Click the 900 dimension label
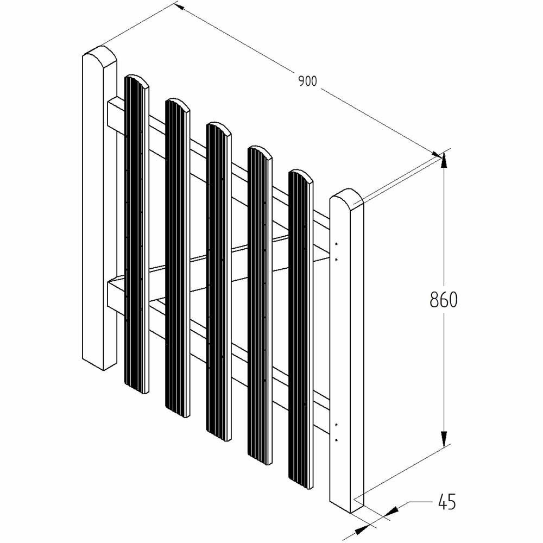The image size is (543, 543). pyautogui.click(x=307, y=81)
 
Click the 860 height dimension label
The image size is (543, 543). pyautogui.click(x=444, y=300)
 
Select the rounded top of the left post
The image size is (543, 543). pyautogui.click(x=100, y=55)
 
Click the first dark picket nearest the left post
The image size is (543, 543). pyautogui.click(x=136, y=233)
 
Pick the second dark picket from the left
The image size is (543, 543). pyautogui.click(x=178, y=257)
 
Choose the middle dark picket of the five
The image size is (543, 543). pyautogui.click(x=218, y=281)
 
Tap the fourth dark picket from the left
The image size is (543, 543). pyautogui.click(x=260, y=305)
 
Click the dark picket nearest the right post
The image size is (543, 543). pyautogui.click(x=301, y=329)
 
